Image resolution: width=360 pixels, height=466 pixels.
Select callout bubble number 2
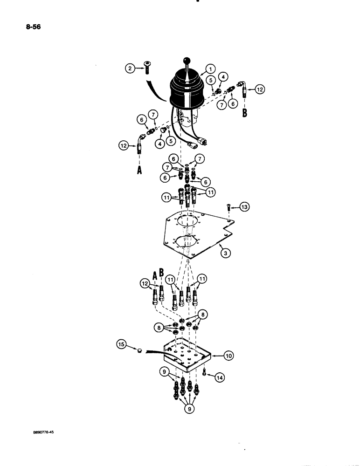[x=130, y=69]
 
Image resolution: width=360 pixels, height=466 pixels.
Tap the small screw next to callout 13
[x=229, y=207]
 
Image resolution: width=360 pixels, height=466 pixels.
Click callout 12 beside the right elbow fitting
[x=260, y=89]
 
